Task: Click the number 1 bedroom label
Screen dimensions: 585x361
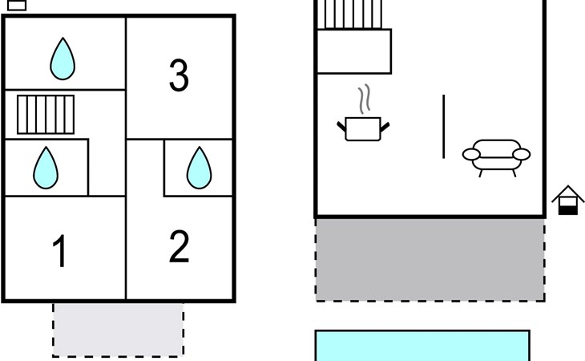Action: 59,251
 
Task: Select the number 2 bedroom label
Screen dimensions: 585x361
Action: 179,246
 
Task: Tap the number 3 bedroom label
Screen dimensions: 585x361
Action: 179,75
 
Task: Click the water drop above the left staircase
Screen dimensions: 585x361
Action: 63,59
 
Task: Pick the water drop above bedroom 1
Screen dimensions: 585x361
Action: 46,168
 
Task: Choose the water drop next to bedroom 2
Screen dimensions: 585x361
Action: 200,168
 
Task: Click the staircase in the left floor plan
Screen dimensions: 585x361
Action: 46,115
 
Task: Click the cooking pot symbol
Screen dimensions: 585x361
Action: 363,129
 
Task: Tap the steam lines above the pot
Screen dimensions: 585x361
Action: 365,99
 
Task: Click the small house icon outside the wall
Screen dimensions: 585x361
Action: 568,200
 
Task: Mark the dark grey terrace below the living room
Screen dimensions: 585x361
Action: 430,260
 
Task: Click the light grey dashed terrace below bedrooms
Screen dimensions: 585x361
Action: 119,330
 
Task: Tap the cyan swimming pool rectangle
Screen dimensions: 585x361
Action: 422,346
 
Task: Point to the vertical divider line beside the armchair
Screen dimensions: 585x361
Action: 444,127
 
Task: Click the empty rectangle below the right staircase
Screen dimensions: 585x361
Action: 354,51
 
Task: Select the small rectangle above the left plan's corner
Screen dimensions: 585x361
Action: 17,5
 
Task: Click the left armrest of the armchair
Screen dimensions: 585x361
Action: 471,154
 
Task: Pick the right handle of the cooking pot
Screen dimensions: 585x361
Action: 385,127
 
